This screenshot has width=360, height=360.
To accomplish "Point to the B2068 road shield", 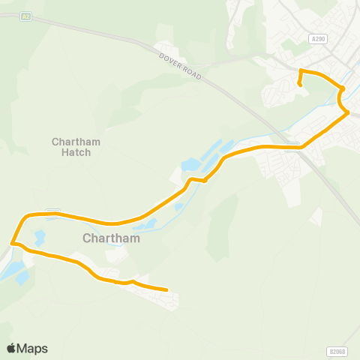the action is point(338,351).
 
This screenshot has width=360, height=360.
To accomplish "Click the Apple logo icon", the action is point(11,349).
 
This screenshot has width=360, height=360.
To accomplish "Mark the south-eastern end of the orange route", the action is point(166,289).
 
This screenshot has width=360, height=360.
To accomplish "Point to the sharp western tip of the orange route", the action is point(12,242).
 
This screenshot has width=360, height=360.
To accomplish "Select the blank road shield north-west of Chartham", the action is point(52,211).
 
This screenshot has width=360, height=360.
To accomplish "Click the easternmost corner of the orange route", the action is point(348,113).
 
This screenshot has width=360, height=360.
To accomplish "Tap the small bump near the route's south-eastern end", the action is point(132,281).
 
